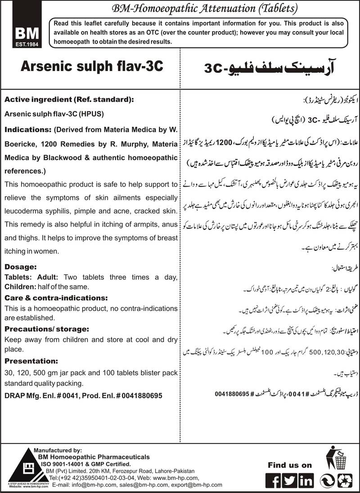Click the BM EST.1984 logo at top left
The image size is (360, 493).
coord(22,36)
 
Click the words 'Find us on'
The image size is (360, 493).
coord(290,465)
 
